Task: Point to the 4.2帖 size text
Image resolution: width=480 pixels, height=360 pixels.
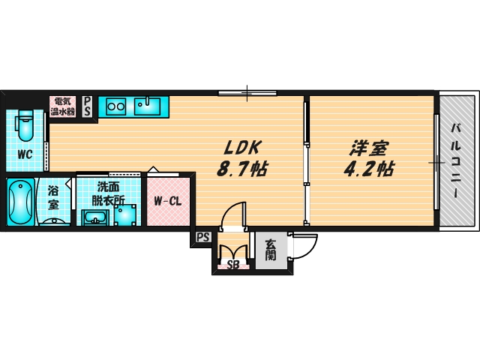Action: (368, 169)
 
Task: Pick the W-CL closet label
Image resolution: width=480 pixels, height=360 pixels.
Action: (169, 201)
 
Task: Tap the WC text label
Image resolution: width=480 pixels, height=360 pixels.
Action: (24, 155)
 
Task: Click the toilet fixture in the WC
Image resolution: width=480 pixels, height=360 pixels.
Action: (25, 125)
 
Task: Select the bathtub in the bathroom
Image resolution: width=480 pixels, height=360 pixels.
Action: (19, 201)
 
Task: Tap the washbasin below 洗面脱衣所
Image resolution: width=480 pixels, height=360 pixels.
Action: (94, 218)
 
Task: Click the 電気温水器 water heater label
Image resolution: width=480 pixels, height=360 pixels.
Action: (63, 106)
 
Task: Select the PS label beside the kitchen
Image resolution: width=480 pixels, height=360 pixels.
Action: (88, 106)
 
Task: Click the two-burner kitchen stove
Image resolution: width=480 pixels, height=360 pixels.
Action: (115, 106)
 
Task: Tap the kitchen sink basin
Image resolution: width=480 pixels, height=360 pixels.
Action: (150, 106)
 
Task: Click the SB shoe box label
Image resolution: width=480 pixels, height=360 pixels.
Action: (232, 265)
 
